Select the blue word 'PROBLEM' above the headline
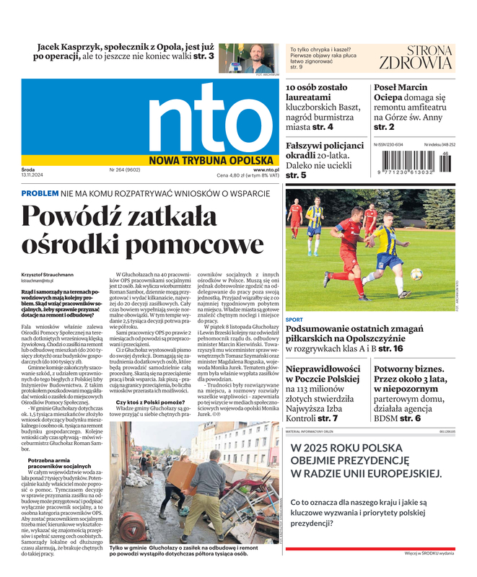40,194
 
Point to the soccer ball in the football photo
416,274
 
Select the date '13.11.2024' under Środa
34,176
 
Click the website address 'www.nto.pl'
266,170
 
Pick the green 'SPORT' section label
294,319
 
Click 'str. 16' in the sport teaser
390,349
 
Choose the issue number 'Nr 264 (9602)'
125,170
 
